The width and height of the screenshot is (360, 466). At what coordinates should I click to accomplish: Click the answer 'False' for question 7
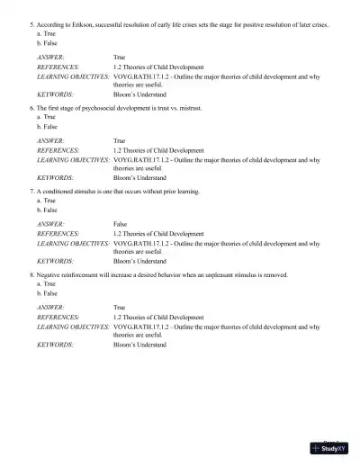click(120, 223)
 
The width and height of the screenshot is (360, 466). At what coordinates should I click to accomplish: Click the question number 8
click(31, 274)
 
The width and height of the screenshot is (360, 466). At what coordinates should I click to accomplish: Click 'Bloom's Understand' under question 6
click(139, 177)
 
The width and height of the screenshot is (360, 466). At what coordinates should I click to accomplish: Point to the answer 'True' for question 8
click(120, 308)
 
